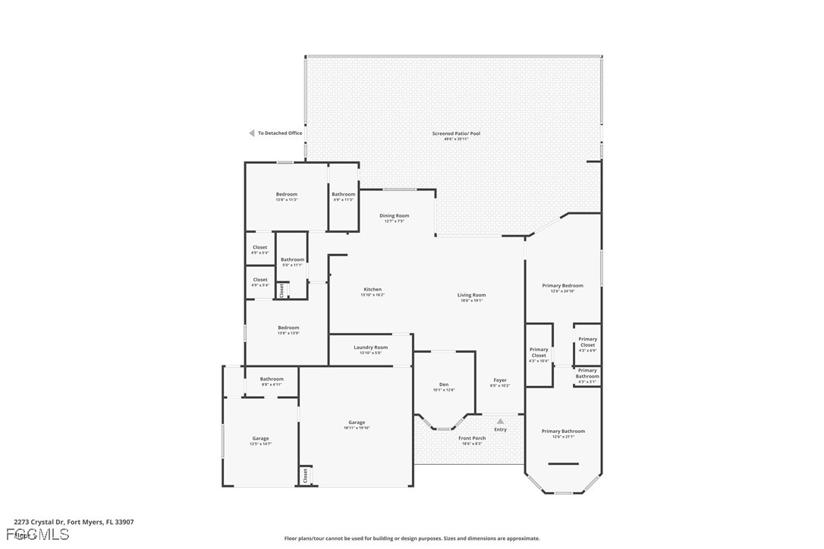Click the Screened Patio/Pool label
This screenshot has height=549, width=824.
coord(456,133)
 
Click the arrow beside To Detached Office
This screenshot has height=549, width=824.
coord(252,133)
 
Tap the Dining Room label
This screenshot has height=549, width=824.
coord(394,215)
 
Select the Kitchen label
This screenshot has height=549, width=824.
coord(373,289)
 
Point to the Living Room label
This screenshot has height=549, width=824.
coord(471,295)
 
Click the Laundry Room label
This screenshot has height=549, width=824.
coord(370,347)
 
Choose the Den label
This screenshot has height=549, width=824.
coord(444,384)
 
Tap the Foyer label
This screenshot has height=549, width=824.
coord(500,380)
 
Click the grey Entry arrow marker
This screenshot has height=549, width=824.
coord(500,421)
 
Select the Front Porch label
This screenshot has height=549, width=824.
coord(472,438)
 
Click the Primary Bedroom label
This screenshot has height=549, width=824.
coord(562,286)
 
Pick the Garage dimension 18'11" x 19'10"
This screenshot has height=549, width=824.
coord(357,428)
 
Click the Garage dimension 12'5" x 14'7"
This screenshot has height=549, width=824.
coord(260,444)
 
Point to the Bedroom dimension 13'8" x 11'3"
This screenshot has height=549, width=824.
coord(287,199)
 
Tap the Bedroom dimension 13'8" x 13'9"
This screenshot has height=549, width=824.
coord(288,333)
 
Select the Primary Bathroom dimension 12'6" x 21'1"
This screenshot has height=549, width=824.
coord(563,436)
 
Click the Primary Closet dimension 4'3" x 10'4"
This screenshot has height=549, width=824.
coord(539,361)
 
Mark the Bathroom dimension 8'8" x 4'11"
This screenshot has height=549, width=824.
coord(272,384)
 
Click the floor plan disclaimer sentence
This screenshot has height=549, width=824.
coord(412,538)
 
